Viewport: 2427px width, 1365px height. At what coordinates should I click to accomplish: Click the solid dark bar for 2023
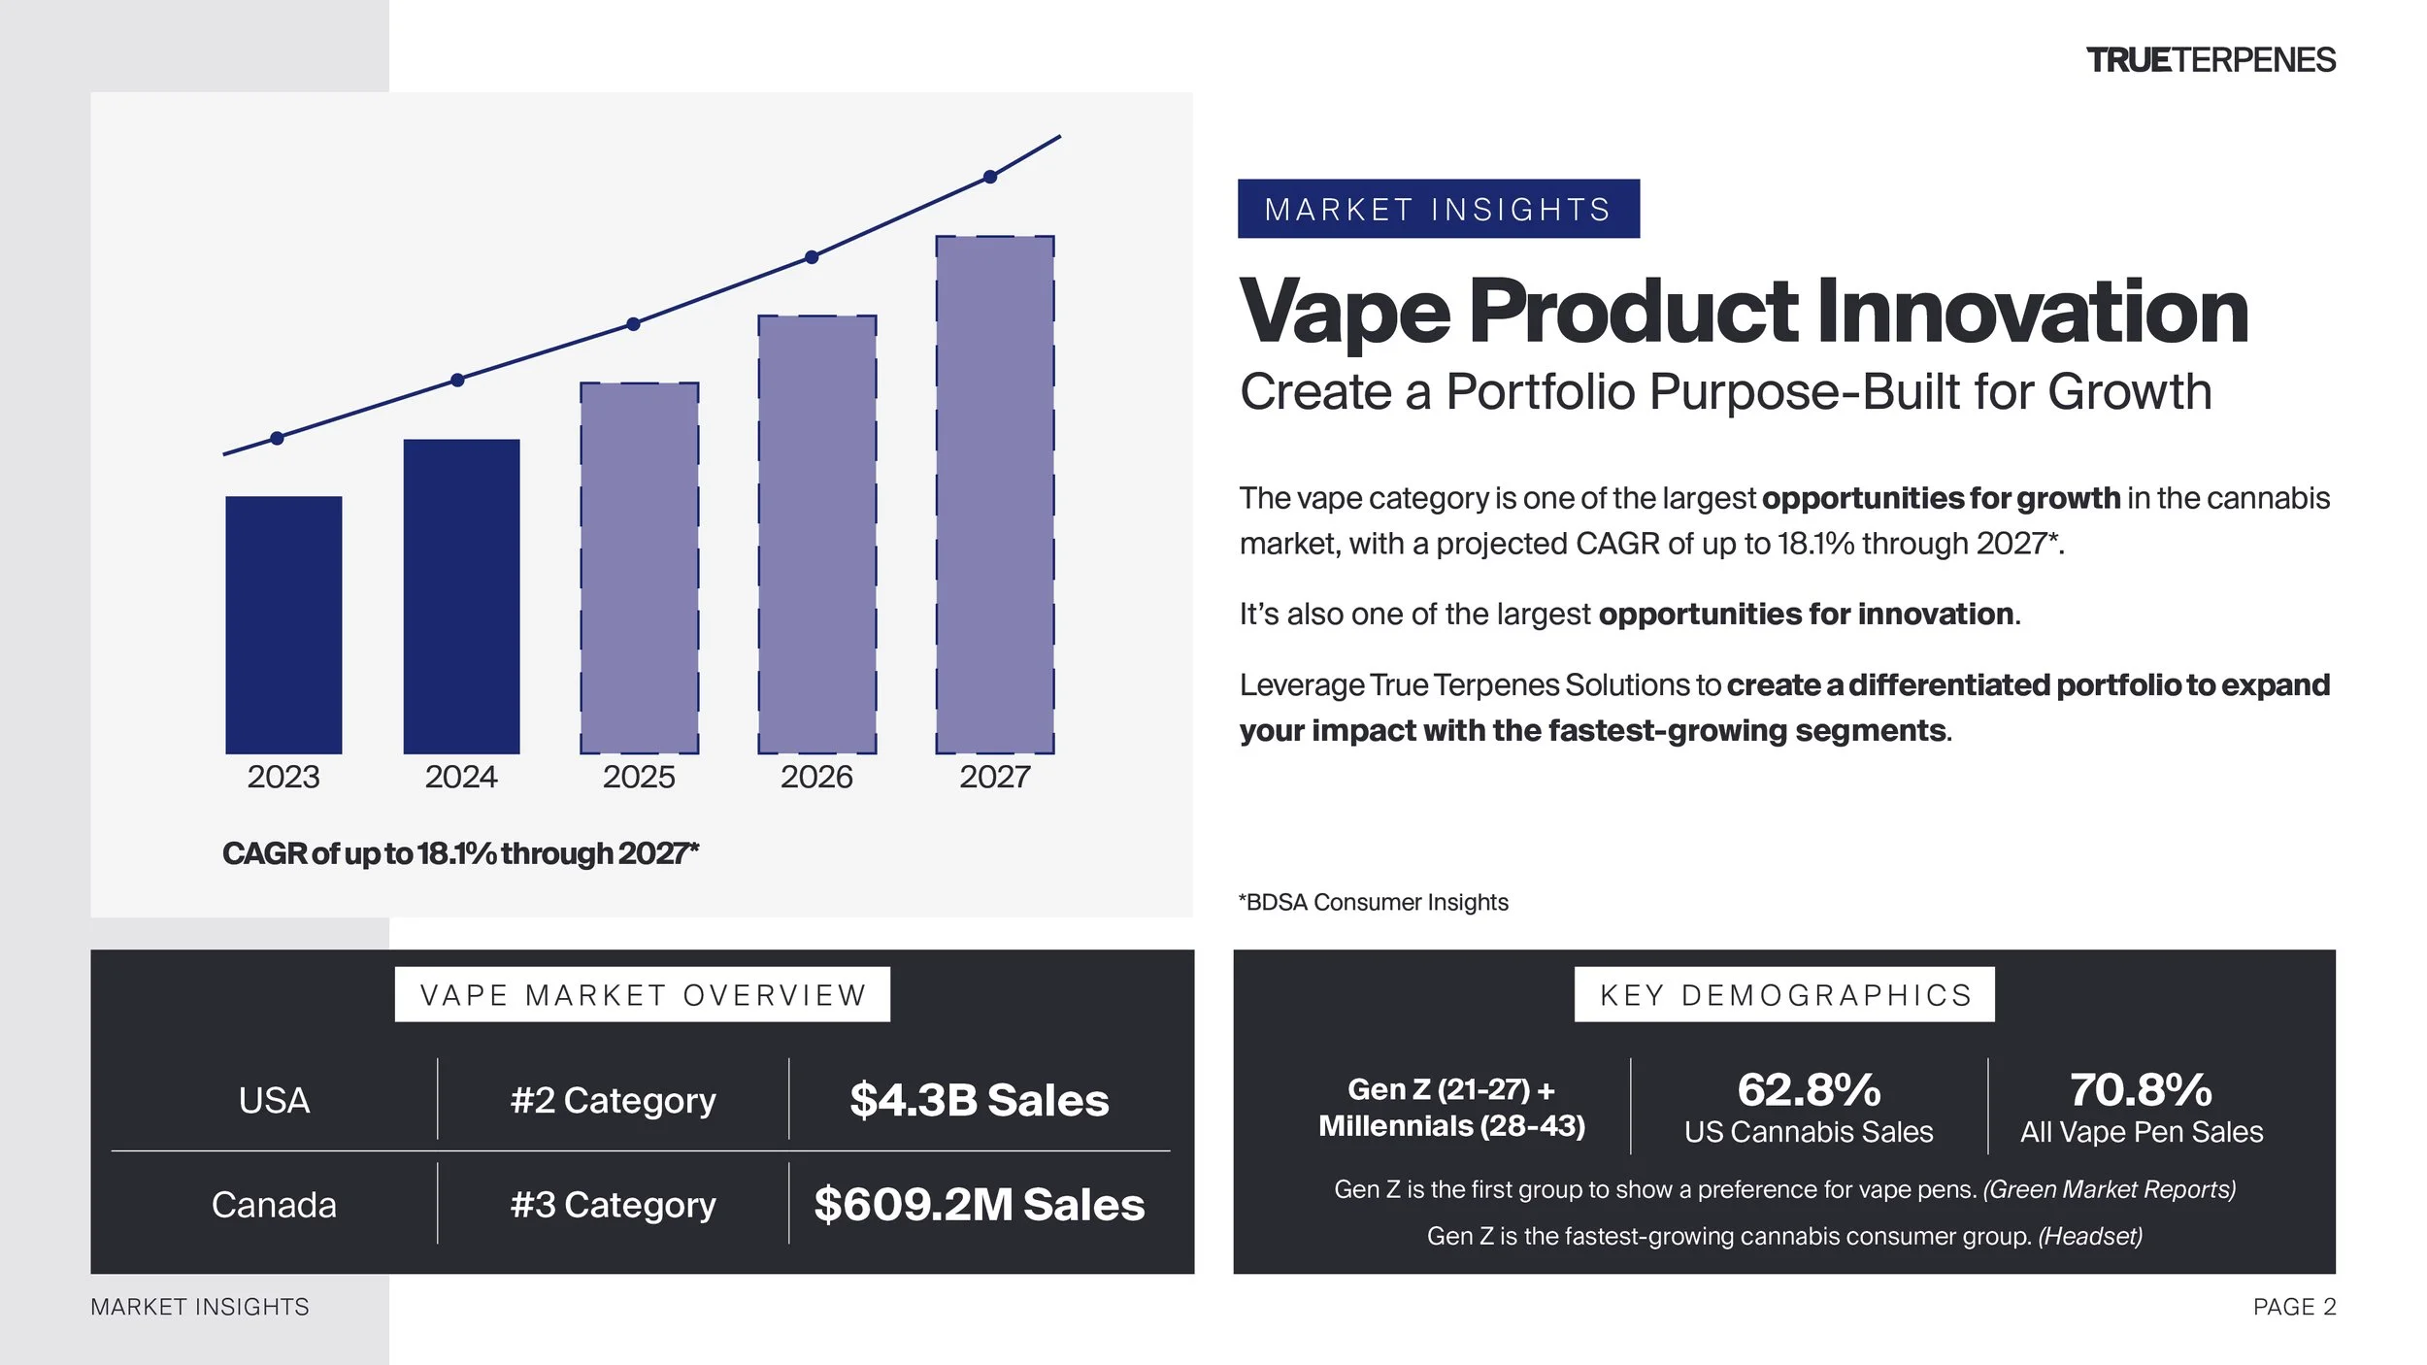(283, 624)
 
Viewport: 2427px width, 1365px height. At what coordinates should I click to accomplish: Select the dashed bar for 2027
(995, 494)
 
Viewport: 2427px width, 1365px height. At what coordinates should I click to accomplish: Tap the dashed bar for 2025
(640, 568)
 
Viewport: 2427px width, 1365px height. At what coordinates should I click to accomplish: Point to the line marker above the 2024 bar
(457, 380)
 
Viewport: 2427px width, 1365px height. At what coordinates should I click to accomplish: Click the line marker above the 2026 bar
(812, 257)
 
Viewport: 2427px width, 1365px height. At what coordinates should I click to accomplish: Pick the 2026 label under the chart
(816, 777)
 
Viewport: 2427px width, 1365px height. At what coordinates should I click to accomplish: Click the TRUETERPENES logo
(2211, 60)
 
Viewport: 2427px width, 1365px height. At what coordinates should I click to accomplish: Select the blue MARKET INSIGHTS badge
(1439, 209)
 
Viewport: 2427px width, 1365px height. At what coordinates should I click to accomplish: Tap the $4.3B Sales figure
(980, 1100)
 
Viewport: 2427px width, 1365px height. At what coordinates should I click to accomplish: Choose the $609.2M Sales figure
(980, 1204)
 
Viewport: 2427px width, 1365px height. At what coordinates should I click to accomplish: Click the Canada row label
(274, 1205)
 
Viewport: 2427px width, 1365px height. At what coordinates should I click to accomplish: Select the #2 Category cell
(614, 1101)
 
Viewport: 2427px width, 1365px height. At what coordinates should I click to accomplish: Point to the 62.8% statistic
(1810, 1089)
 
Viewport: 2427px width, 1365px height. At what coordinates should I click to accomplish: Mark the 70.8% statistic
(2142, 1089)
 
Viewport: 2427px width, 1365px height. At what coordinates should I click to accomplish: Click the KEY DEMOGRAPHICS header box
(1784, 994)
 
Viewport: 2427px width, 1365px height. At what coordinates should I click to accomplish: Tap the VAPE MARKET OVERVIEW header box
(643, 994)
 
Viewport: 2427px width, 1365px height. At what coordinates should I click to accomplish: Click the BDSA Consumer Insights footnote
(1374, 902)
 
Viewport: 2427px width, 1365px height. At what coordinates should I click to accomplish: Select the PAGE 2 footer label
(2295, 1307)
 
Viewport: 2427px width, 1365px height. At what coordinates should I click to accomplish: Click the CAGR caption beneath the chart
(461, 853)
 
